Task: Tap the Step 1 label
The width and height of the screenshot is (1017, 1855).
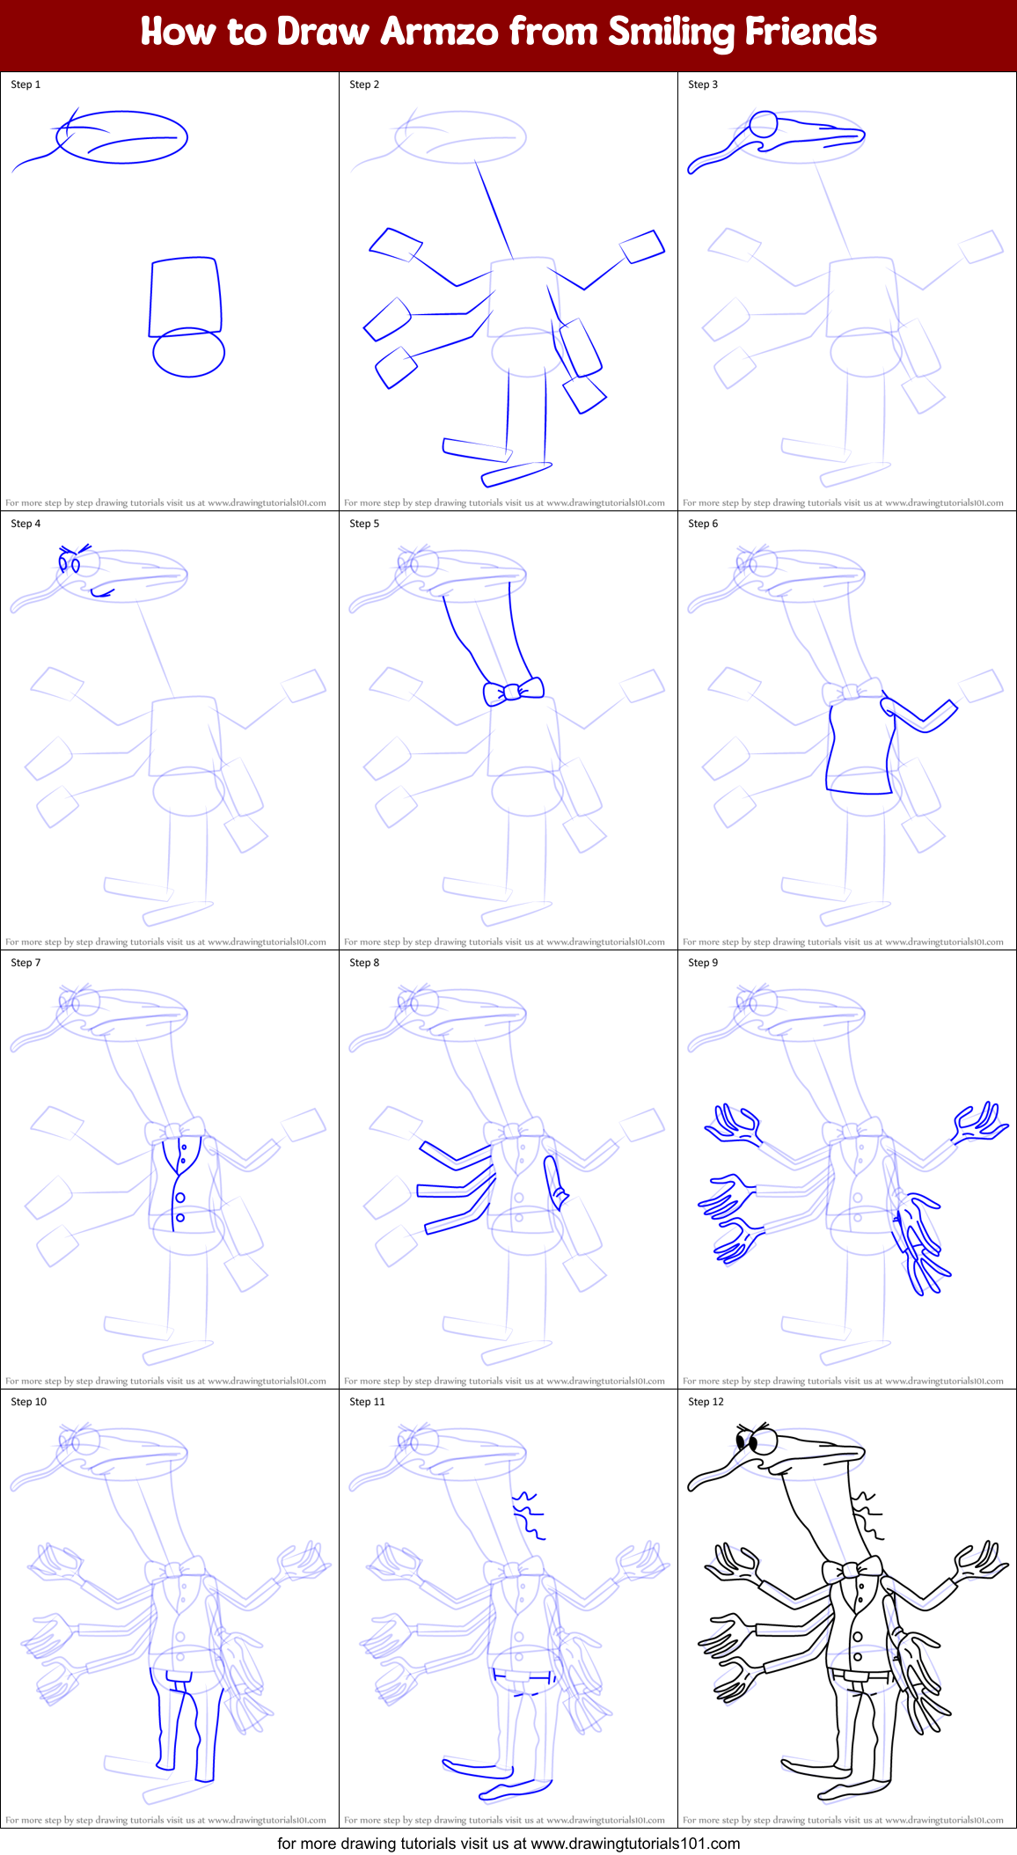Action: point(26,84)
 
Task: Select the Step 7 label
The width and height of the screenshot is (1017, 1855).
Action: point(26,963)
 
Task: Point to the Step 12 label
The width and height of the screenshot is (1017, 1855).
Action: point(706,1402)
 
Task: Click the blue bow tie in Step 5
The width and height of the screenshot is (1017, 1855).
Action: point(514,691)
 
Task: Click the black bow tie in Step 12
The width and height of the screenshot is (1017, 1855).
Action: point(852,1570)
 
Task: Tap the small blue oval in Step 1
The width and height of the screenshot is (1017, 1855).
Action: point(188,352)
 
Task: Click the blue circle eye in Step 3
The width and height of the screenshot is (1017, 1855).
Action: point(764,124)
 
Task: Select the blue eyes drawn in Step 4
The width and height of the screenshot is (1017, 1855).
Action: point(70,561)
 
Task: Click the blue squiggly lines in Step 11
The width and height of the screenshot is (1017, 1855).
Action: point(528,1515)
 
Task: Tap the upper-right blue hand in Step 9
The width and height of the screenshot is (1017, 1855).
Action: point(981,1124)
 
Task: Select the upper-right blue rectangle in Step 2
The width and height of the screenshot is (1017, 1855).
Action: point(642,246)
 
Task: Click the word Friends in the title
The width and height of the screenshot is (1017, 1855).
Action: point(811,32)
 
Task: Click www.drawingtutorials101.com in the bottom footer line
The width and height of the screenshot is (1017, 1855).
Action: point(635,1843)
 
